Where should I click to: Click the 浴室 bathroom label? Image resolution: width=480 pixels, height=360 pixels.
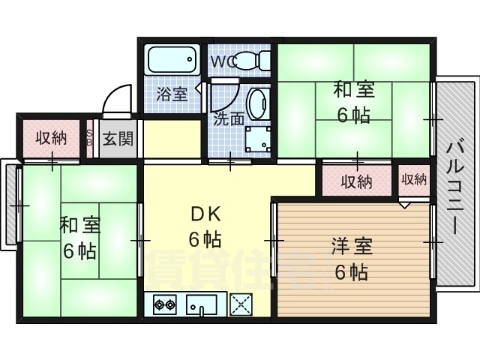pos(172,94)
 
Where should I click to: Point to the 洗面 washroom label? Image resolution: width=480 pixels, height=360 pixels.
pos(228,118)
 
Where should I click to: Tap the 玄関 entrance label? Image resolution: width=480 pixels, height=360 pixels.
pos(118,139)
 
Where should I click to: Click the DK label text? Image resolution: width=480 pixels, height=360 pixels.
pos(203,216)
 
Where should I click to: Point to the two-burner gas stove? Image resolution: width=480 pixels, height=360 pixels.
pos(164,305)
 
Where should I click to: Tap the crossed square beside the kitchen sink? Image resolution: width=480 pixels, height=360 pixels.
pos(241,305)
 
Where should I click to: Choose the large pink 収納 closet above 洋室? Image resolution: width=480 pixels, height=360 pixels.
pos(357,181)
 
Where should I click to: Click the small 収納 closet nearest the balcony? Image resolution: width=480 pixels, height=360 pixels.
pos(413,179)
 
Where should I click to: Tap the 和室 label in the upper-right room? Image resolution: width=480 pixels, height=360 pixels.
pos(353,91)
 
